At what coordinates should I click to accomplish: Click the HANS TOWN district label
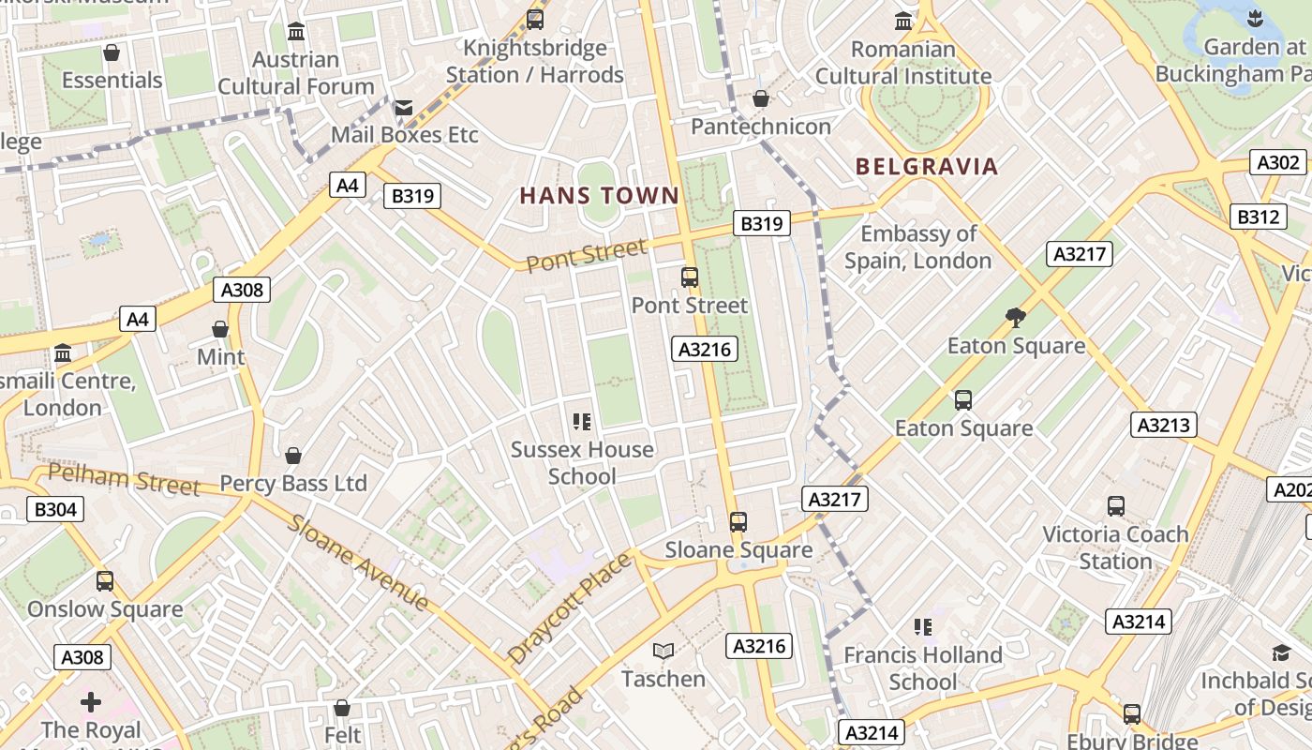pyautogui.click(x=599, y=196)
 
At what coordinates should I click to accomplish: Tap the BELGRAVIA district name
pyautogui.click(x=926, y=167)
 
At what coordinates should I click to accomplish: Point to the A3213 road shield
pyautogui.click(x=1163, y=425)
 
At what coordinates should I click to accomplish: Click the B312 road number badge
pyautogui.click(x=1258, y=217)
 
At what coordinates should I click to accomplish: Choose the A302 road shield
pyautogui.click(x=1278, y=162)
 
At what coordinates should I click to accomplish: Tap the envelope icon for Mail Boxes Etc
pyautogui.click(x=403, y=108)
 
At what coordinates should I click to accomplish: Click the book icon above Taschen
pyautogui.click(x=663, y=651)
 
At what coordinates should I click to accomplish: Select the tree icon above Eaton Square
pyautogui.click(x=1015, y=318)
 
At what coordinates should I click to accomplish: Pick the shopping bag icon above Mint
pyautogui.click(x=220, y=329)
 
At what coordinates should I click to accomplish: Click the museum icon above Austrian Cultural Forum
pyautogui.click(x=296, y=32)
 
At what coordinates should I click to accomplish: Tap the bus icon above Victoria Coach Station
pyautogui.click(x=1115, y=506)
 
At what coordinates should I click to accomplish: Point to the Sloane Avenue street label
pyautogui.click(x=358, y=562)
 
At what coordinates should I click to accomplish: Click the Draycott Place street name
pyautogui.click(x=570, y=608)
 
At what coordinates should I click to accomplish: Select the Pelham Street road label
pyautogui.click(x=124, y=478)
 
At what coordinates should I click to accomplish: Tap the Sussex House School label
pyautogui.click(x=582, y=462)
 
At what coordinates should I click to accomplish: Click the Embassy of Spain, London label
pyautogui.click(x=917, y=247)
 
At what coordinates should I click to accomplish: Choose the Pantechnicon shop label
pyautogui.click(x=761, y=127)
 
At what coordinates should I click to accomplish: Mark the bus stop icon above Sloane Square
pyautogui.click(x=738, y=521)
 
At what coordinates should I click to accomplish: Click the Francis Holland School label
pyautogui.click(x=922, y=667)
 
